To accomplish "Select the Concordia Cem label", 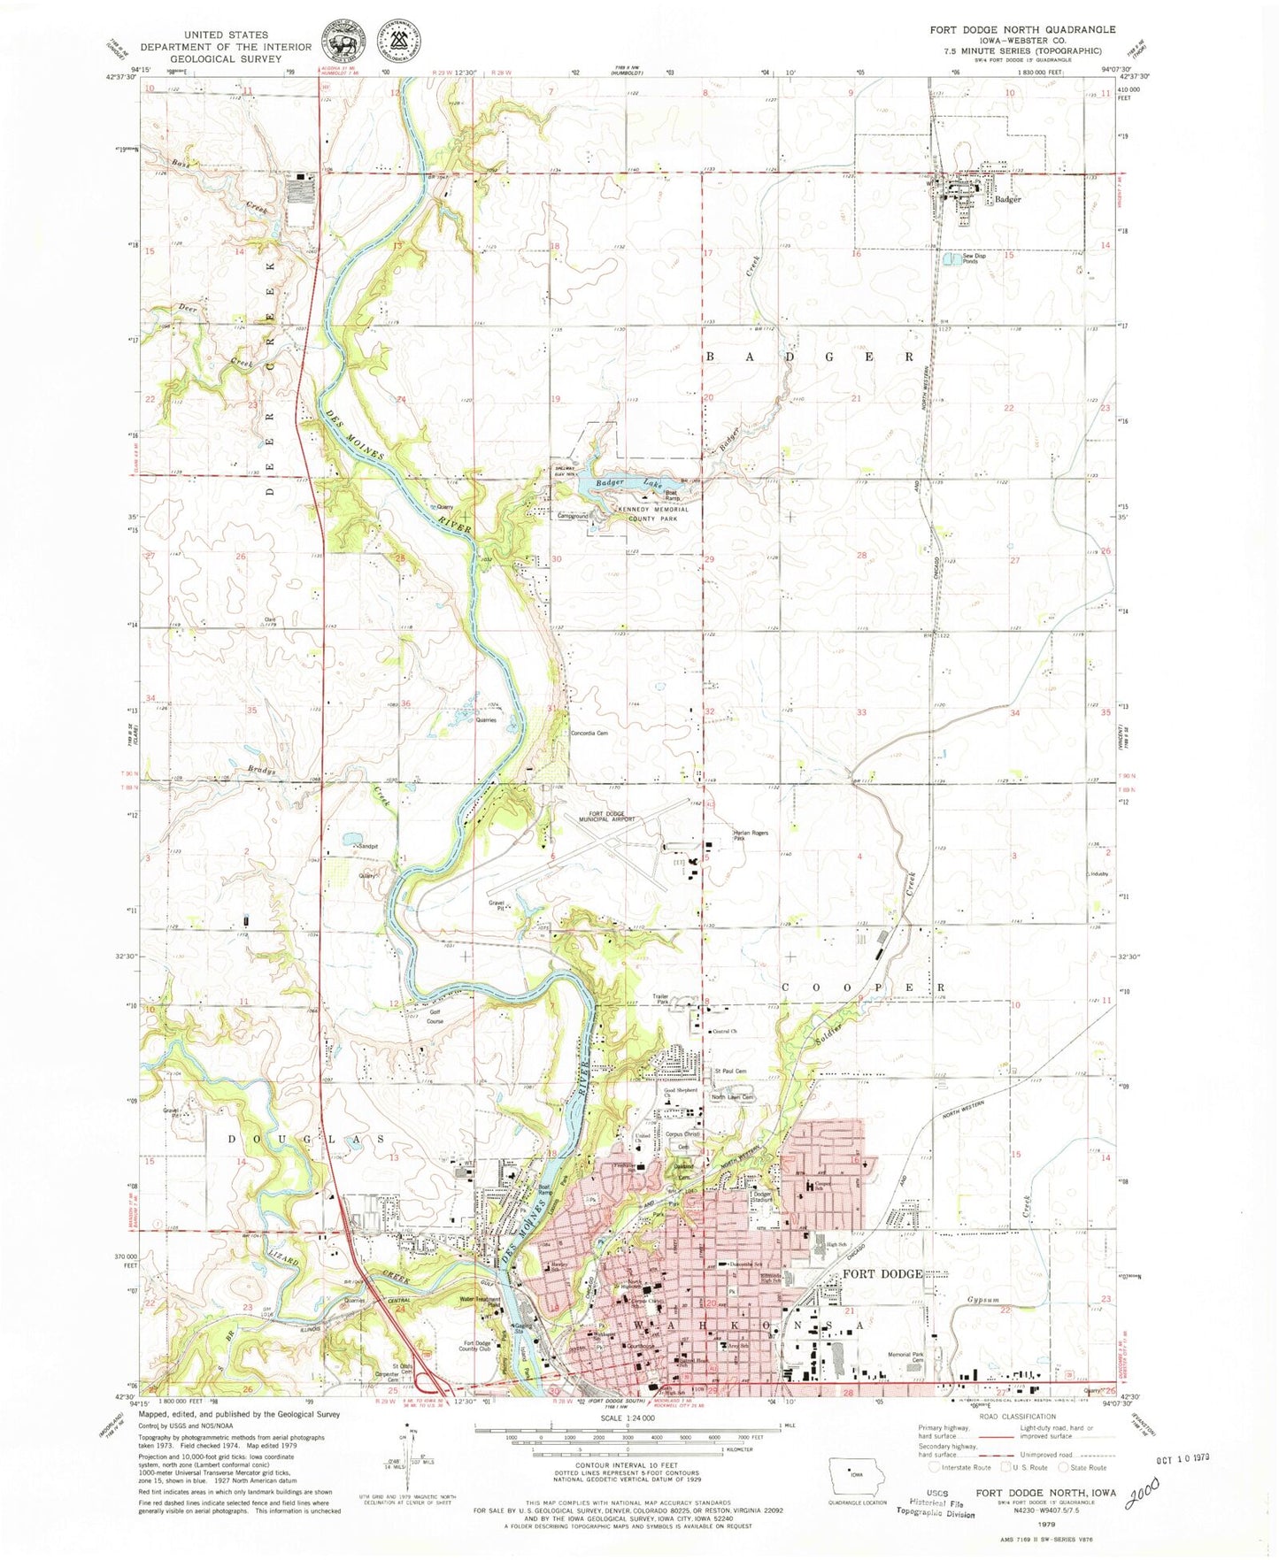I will pyautogui.click(x=589, y=733).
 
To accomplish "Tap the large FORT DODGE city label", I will pyautogui.click(x=882, y=1274).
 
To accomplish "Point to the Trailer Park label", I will pyautogui.click(x=660, y=999).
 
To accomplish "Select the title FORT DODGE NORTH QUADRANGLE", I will pyautogui.click(x=1022, y=29).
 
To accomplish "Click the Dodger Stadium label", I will pyautogui.click(x=762, y=1196).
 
